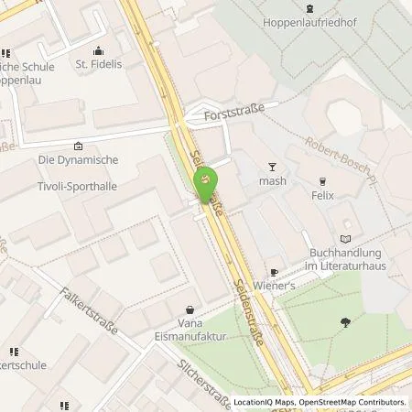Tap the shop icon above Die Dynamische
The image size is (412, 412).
point(78,146)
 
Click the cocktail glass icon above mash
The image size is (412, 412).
point(271,166)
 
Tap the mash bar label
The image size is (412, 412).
point(272,180)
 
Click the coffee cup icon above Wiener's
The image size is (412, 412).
point(273,273)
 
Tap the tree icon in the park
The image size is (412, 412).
point(345,321)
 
